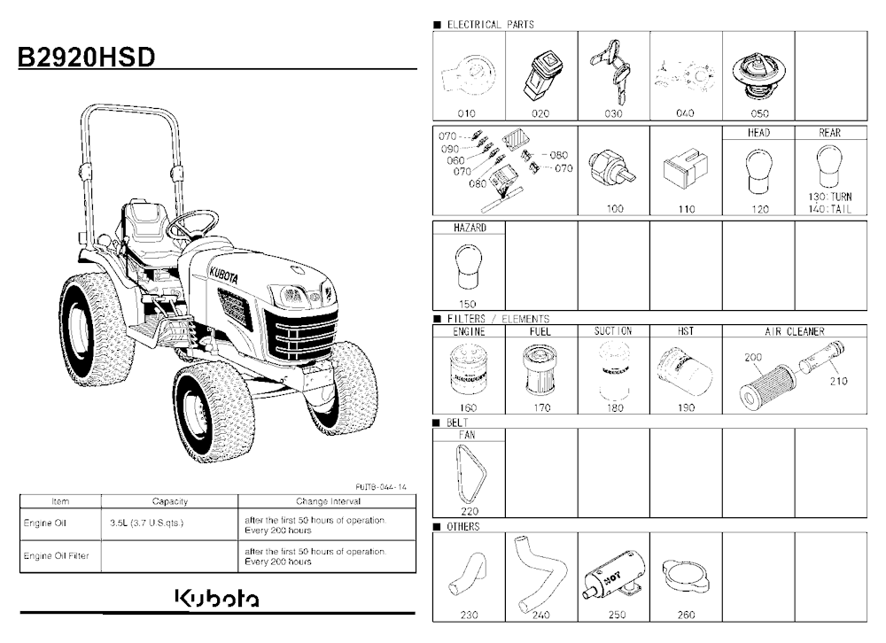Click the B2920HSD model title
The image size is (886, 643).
click(x=87, y=57)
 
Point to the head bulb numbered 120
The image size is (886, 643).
click(x=759, y=172)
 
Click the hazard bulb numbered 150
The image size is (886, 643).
click(x=468, y=267)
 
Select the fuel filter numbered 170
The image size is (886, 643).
click(x=540, y=370)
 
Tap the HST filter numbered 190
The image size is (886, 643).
click(x=685, y=372)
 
